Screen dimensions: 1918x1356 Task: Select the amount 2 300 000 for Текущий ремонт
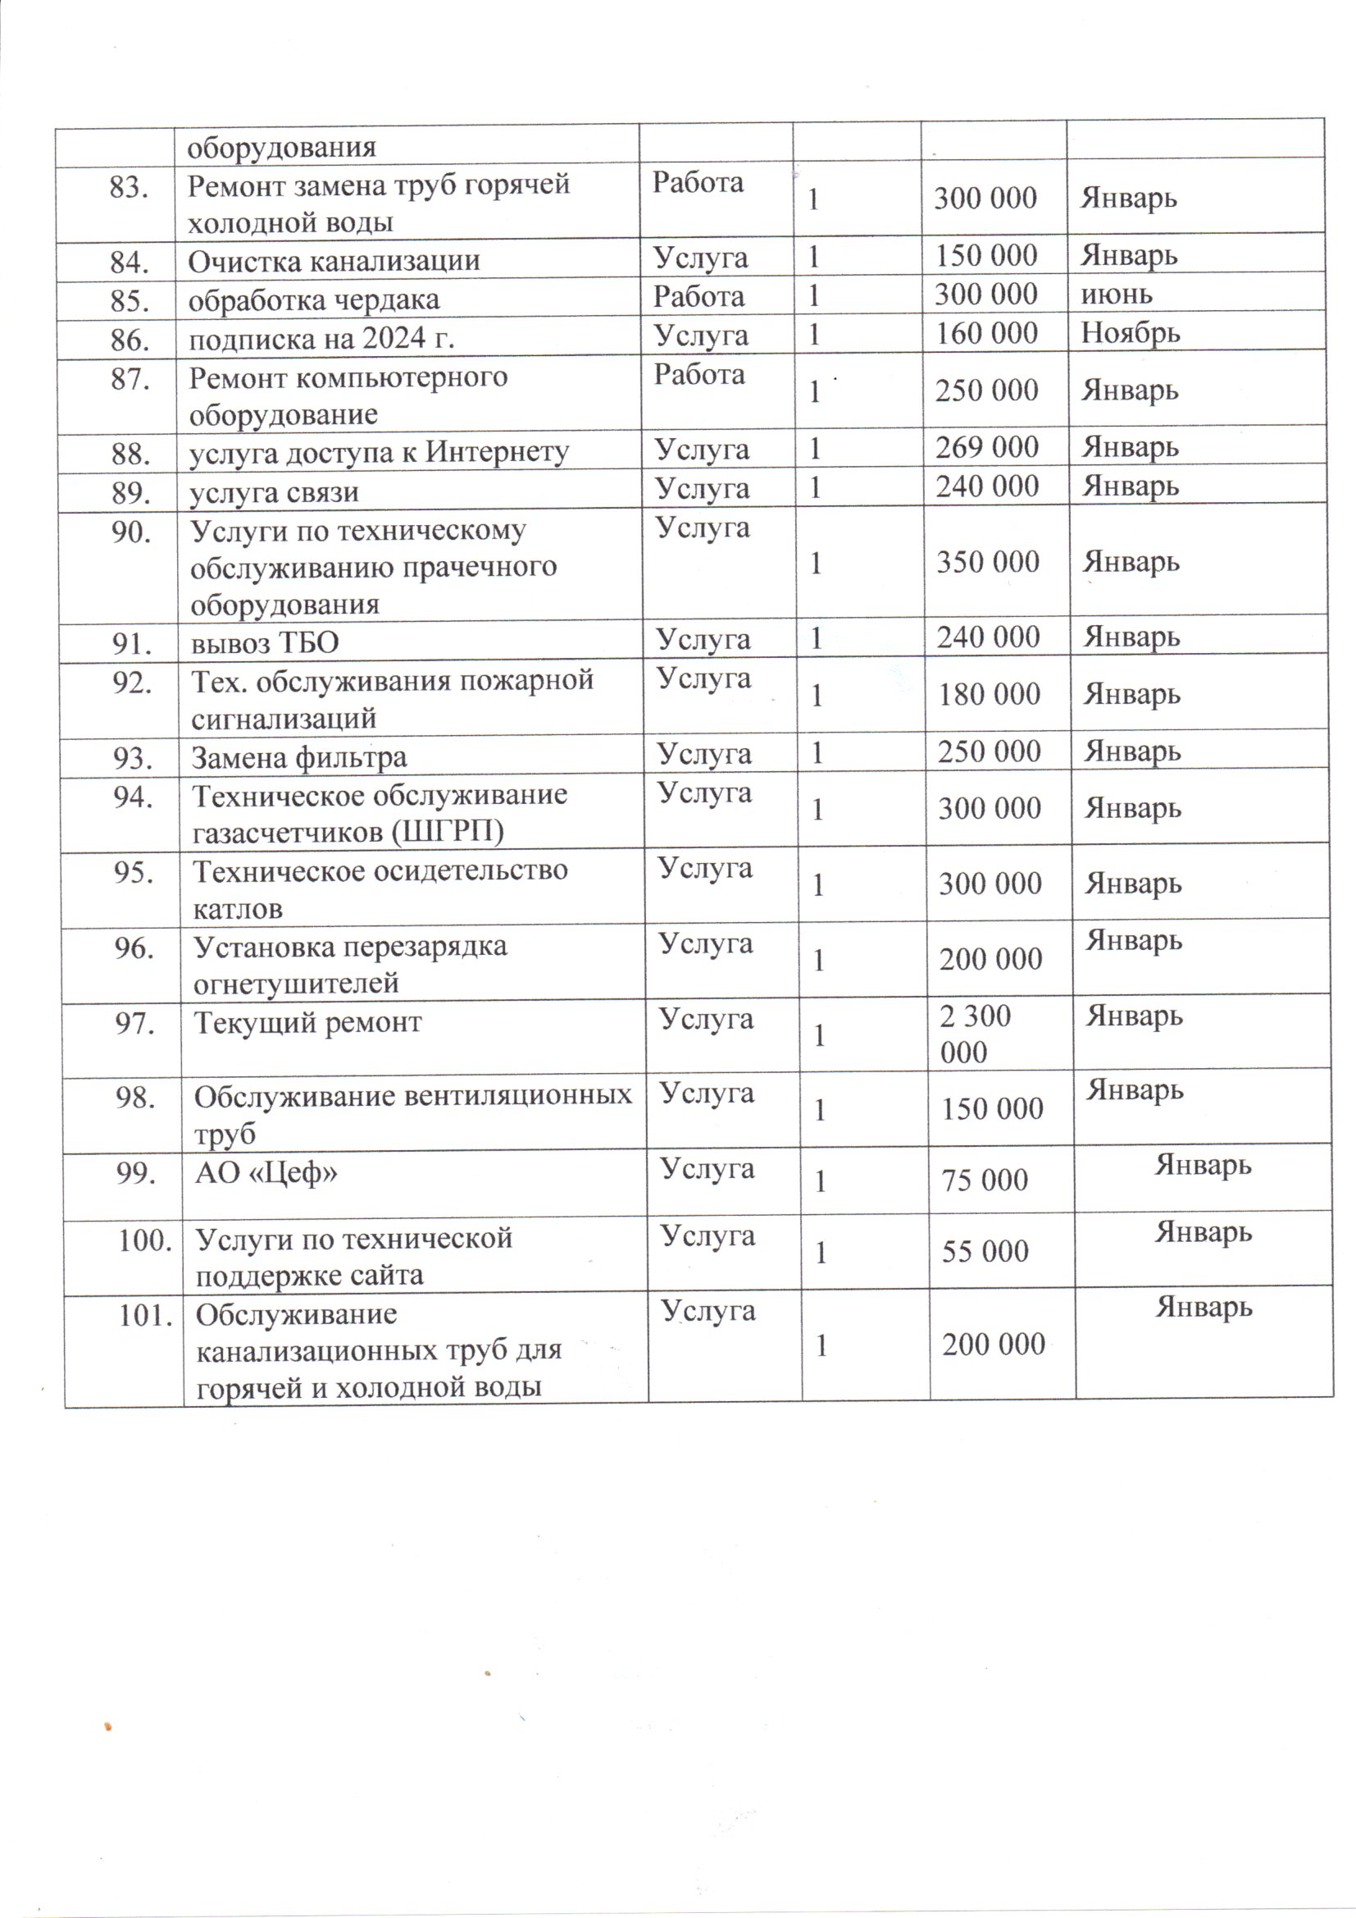click(976, 1034)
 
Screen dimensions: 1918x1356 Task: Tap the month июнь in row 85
click(1117, 294)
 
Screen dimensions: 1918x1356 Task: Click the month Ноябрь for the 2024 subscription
click(1131, 333)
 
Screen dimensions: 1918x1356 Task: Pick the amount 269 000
click(987, 448)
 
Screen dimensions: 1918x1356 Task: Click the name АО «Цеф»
click(266, 1174)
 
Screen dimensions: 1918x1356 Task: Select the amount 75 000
click(985, 1180)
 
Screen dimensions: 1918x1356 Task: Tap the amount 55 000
click(985, 1251)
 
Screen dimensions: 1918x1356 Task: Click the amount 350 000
click(988, 562)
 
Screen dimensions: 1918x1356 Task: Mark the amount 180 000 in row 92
click(990, 694)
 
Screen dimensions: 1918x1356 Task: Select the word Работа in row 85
click(698, 296)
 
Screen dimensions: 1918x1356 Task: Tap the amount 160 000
click(986, 334)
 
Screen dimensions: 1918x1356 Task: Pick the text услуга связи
click(275, 492)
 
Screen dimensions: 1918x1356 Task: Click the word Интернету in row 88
click(498, 452)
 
